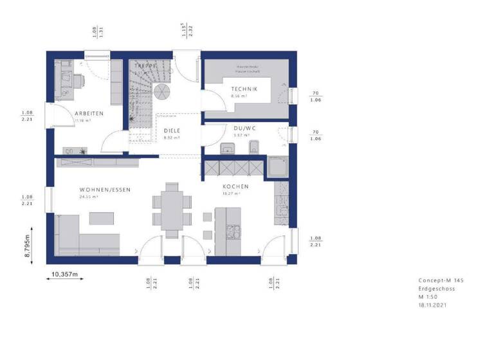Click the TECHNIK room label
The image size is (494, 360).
(x=244, y=89)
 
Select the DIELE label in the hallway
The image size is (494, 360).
(x=170, y=129)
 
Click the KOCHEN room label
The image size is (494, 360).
(x=235, y=186)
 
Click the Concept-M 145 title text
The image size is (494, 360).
(x=441, y=281)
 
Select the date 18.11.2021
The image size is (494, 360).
(x=432, y=306)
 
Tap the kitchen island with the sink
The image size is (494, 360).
(x=229, y=230)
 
